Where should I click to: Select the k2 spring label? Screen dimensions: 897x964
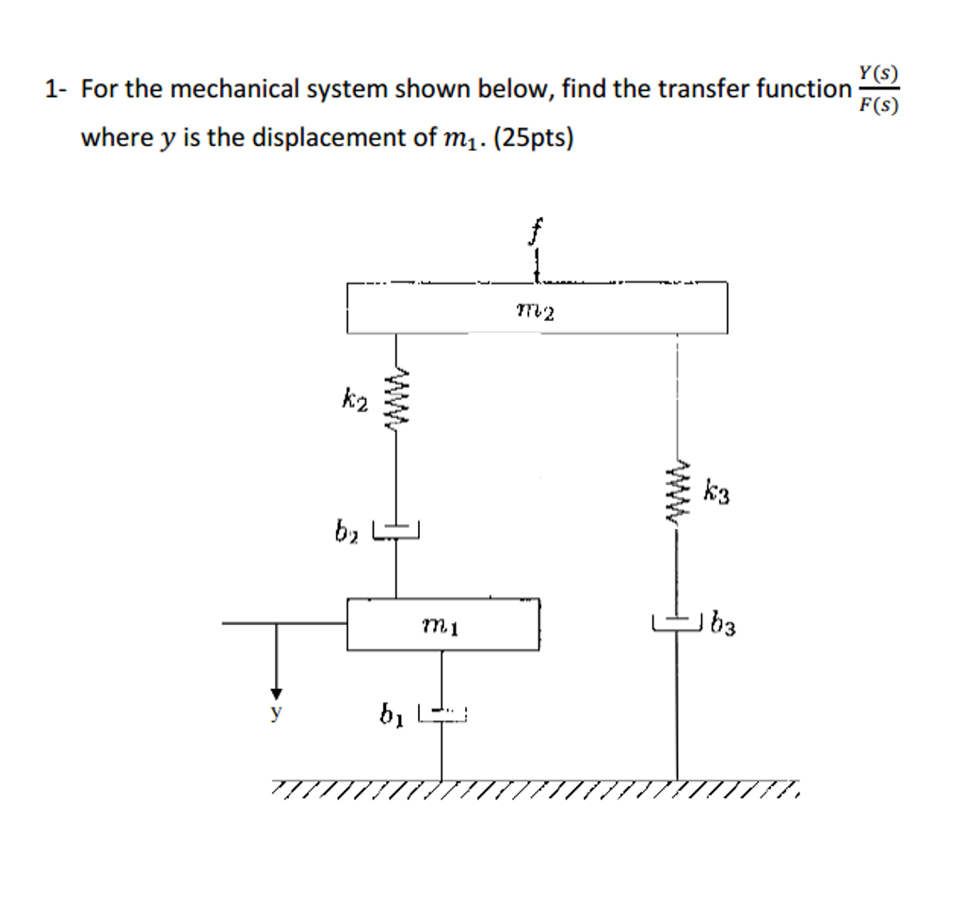pyautogui.click(x=354, y=403)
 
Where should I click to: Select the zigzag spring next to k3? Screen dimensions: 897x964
pyautogui.click(x=676, y=489)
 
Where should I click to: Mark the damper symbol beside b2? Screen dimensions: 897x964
pyautogui.click(x=395, y=532)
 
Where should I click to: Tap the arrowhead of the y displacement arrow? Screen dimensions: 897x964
pyautogui.click(x=276, y=684)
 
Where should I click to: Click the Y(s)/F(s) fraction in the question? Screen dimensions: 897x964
pyautogui.click(x=878, y=88)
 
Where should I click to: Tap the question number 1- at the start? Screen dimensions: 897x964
pyautogui.click(x=56, y=90)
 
